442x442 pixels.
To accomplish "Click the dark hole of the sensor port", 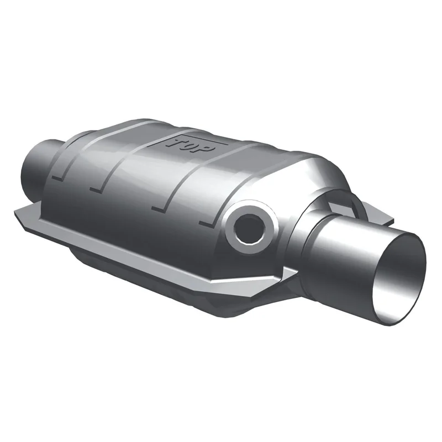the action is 248,228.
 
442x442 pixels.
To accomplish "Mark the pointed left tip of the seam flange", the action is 15,211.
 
